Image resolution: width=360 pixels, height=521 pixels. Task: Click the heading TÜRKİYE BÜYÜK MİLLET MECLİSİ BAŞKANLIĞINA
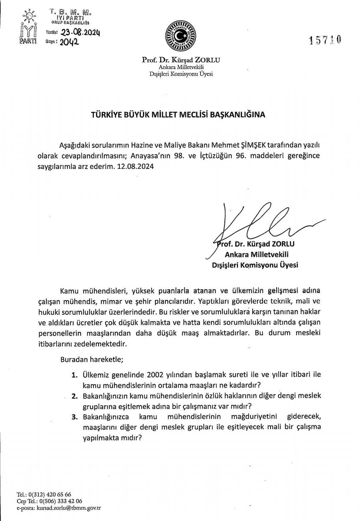click(179, 115)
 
